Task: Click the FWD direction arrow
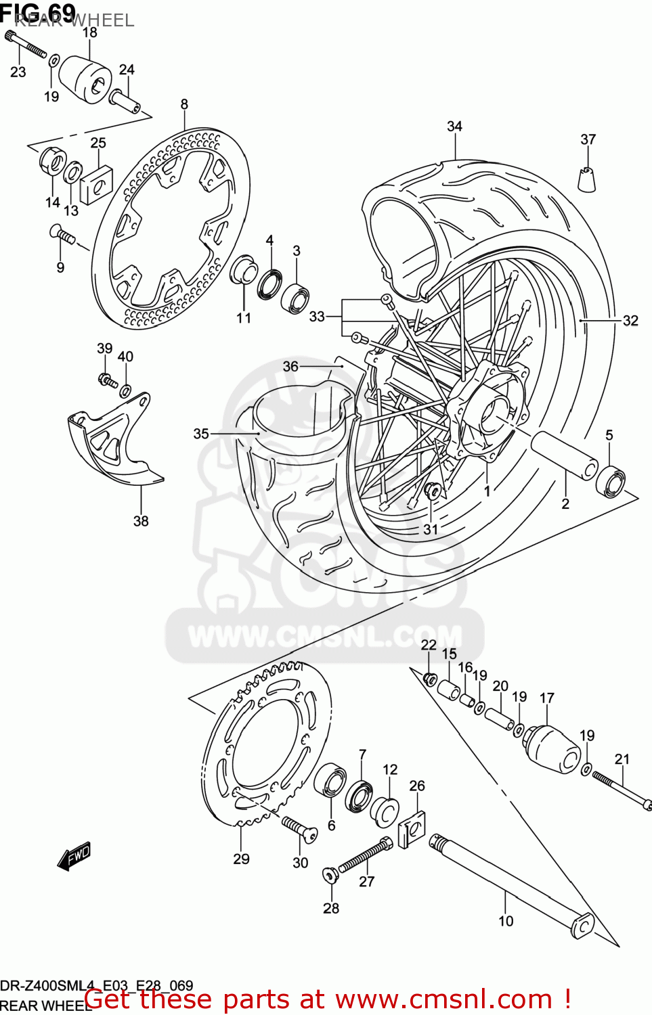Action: click(74, 857)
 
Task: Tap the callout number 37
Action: click(588, 139)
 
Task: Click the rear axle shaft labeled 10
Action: click(508, 882)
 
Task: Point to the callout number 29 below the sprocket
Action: click(241, 859)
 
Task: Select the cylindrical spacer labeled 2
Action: click(564, 455)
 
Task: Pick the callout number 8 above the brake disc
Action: click(184, 104)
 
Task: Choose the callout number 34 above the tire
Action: click(454, 127)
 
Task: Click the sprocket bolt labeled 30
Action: click(299, 830)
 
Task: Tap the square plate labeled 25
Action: click(96, 183)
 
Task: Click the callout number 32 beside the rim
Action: click(630, 321)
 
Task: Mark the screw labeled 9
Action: click(62, 235)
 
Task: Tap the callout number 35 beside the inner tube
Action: click(201, 434)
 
